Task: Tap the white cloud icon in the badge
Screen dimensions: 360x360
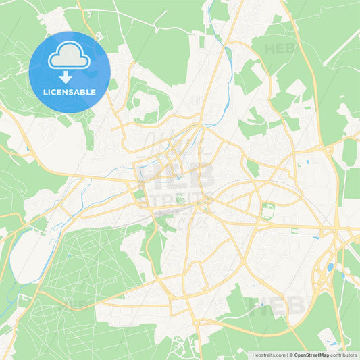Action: point(69,55)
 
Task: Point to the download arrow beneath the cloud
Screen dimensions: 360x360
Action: point(66,76)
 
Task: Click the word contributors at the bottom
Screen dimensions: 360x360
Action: point(344,354)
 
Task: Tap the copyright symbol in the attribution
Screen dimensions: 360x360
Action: point(291,354)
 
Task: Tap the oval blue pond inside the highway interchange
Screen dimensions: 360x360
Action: point(330,267)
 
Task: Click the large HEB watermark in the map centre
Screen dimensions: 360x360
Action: point(177,177)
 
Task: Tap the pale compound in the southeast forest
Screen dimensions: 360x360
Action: point(328,335)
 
